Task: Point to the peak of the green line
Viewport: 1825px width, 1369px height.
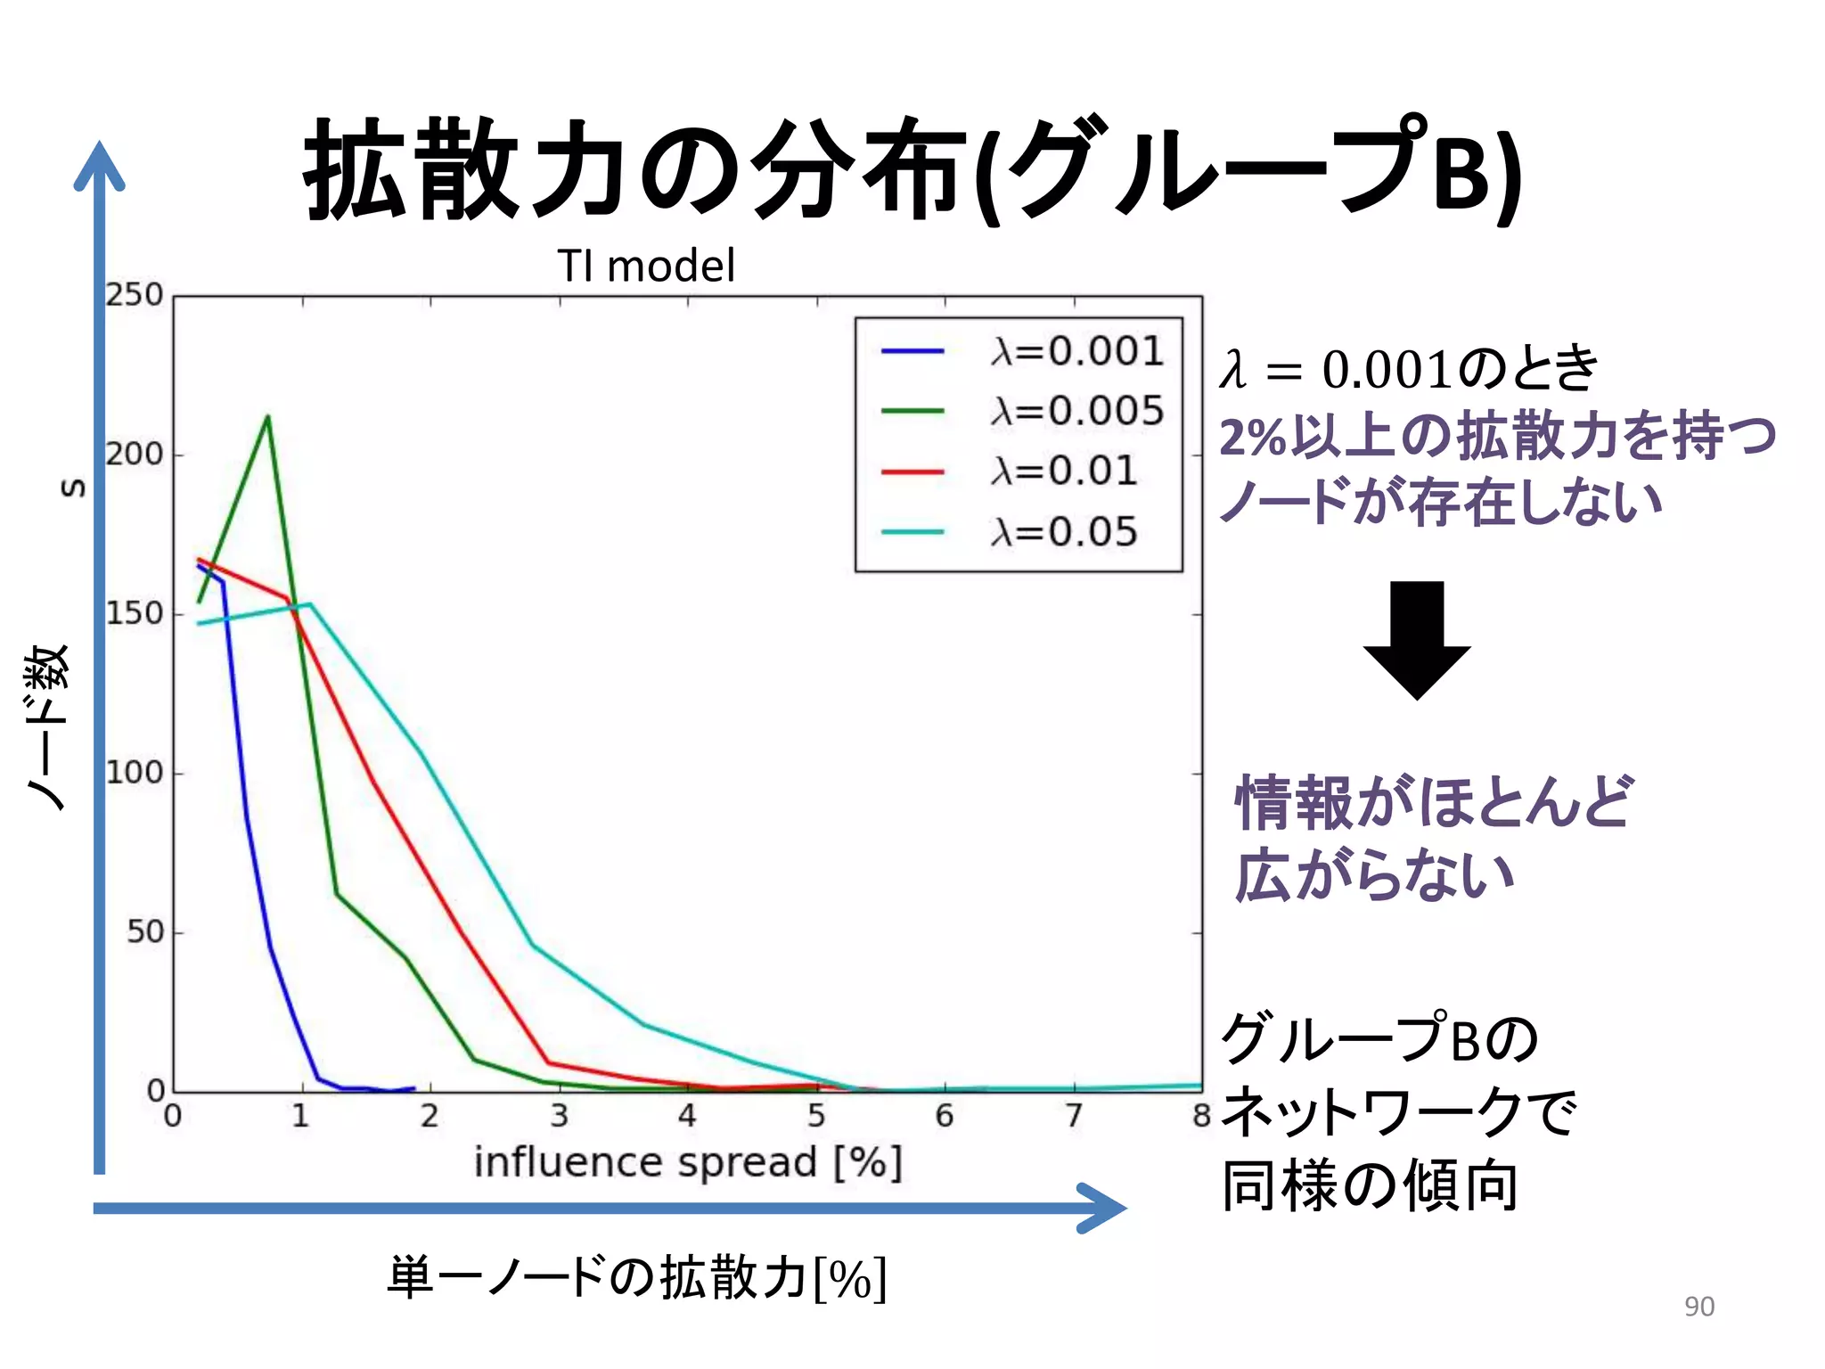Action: click(x=267, y=416)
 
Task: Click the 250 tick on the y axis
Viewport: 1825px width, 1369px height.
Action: click(x=135, y=295)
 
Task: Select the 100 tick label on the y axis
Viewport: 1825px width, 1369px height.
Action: click(x=135, y=773)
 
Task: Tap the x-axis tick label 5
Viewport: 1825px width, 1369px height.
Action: click(x=816, y=1116)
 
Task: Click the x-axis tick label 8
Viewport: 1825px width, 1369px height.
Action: click(x=1201, y=1116)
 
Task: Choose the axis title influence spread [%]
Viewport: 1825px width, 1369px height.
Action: click(x=688, y=1163)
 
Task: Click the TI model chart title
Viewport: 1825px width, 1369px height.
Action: click(x=646, y=266)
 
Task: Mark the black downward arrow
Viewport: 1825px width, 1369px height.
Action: click(x=1416, y=641)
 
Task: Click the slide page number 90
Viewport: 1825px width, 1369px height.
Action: click(x=1698, y=1307)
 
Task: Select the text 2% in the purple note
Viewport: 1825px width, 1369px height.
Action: click(x=1252, y=439)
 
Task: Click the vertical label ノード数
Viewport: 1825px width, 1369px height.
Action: click(x=46, y=726)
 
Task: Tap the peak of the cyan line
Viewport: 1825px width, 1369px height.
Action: click(x=309, y=604)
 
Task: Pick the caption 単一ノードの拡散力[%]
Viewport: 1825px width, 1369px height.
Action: click(x=636, y=1278)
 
